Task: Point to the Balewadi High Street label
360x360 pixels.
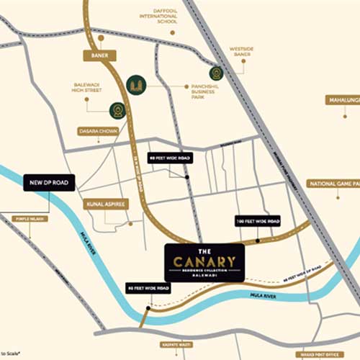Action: (x=86, y=88)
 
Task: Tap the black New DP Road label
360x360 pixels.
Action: (x=49, y=183)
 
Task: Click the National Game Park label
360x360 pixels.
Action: (x=332, y=184)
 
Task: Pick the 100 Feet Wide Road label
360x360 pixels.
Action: (x=258, y=221)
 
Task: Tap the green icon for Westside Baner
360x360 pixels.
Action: (x=216, y=73)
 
